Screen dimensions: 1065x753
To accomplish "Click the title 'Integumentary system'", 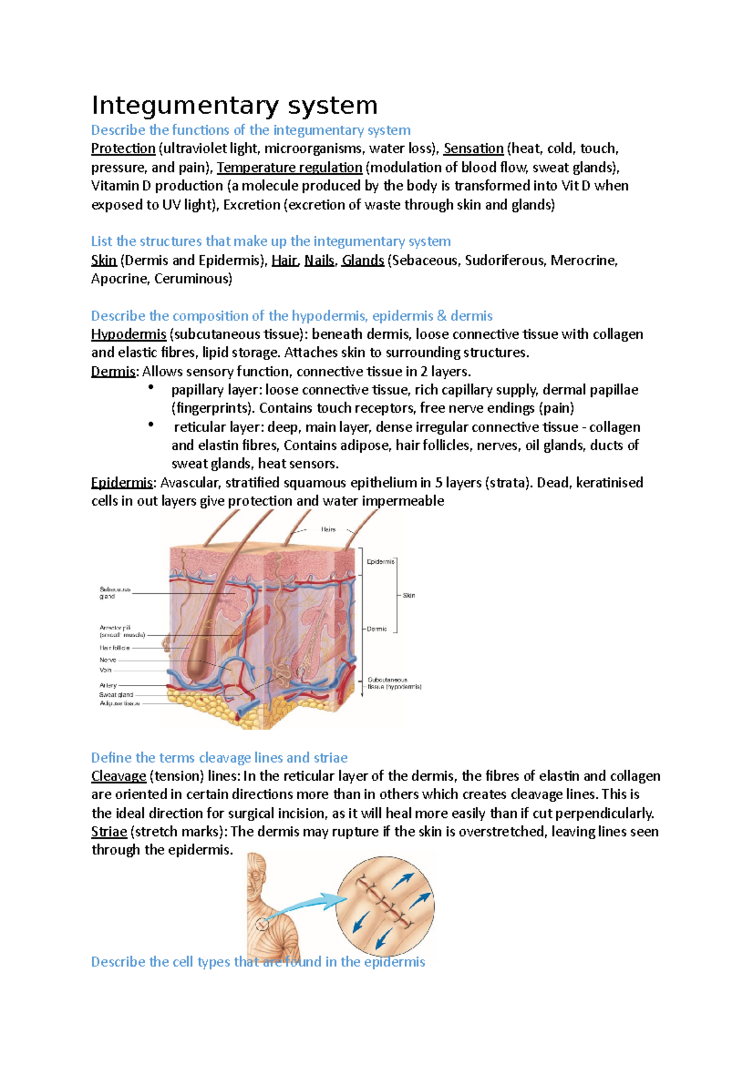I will [234, 105].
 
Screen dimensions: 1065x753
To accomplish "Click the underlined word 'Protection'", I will [123, 149].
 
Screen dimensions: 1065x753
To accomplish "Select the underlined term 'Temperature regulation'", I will [289, 167].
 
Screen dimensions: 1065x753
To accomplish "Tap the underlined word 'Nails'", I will [319, 260].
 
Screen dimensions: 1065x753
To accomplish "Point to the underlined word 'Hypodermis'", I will [129, 334].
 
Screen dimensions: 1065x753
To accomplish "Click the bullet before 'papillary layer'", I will [151, 388].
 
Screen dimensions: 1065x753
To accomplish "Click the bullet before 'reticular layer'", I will [151, 425].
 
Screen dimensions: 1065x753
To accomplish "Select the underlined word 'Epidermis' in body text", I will [122, 483].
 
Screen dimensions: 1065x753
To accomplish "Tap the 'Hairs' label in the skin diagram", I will [328, 529].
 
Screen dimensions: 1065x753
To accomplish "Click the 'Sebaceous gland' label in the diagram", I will [114, 593].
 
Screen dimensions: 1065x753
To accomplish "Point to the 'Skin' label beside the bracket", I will [409, 595].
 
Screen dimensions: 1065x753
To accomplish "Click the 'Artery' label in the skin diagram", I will [108, 686].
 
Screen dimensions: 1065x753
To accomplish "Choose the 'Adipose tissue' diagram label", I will [119, 704].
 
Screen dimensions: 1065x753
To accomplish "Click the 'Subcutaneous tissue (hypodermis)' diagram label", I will [393, 683].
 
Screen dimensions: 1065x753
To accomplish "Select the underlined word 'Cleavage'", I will [119, 776].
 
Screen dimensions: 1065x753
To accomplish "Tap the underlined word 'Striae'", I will [109, 832].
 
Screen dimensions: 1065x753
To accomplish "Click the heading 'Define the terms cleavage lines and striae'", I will [219, 758].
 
